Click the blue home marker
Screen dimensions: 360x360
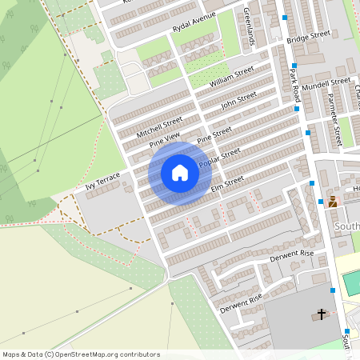180,173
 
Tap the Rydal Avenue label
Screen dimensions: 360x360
194,24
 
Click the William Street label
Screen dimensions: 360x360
231,78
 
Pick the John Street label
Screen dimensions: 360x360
238,101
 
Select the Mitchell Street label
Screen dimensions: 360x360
160,126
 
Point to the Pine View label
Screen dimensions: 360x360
166,141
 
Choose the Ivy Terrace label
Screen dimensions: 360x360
102,181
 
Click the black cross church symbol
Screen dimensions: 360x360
322,314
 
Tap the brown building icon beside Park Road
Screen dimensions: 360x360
332,202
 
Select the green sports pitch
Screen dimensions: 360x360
351,282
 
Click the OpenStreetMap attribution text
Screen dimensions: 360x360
81,354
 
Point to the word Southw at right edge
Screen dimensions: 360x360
346,226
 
